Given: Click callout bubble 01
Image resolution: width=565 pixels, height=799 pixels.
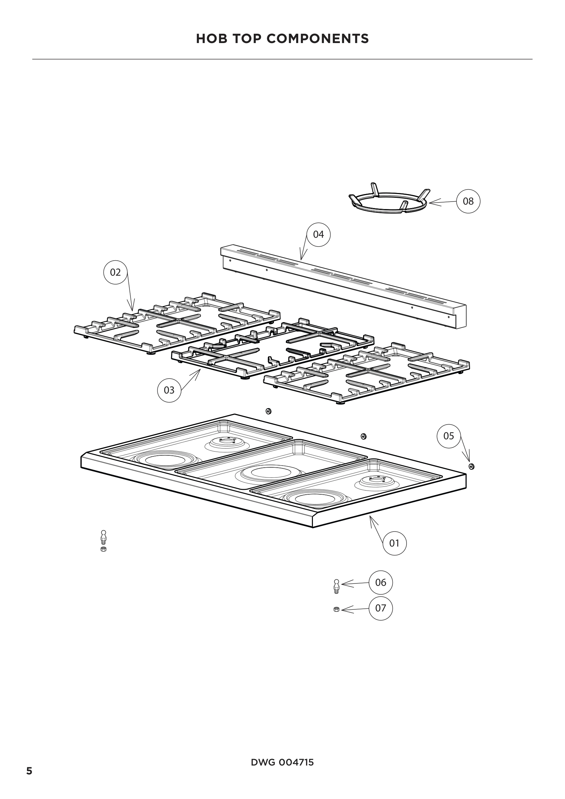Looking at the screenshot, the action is pyautogui.click(x=395, y=543).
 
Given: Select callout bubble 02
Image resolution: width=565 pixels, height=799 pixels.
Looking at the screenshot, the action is pyautogui.click(x=115, y=272).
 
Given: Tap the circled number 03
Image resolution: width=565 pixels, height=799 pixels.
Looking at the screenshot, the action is pyautogui.click(x=169, y=390).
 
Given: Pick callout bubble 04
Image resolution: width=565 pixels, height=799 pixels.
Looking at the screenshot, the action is pyautogui.click(x=318, y=235).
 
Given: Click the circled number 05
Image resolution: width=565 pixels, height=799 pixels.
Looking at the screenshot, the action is pyautogui.click(x=449, y=436).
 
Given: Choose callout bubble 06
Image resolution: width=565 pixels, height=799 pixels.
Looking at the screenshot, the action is pyautogui.click(x=381, y=582).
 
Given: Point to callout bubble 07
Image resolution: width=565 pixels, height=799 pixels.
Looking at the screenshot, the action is pyautogui.click(x=381, y=608).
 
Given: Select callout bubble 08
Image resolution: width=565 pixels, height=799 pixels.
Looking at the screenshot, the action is pyautogui.click(x=468, y=201).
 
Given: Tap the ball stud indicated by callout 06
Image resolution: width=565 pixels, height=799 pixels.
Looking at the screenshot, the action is pyautogui.click(x=336, y=586).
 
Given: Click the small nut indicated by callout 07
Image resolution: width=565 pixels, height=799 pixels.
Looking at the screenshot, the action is pyautogui.click(x=336, y=609).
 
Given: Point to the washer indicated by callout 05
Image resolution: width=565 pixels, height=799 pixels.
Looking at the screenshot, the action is pyautogui.click(x=471, y=467).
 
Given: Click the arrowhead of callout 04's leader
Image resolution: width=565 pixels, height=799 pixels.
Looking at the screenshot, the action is pyautogui.click(x=301, y=259).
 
